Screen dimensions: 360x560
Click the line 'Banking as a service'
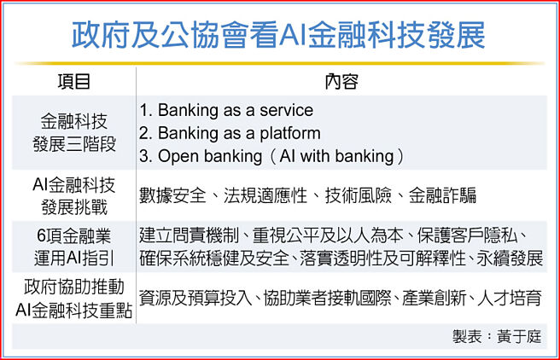[225, 111]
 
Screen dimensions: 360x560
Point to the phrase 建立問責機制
[190, 235]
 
